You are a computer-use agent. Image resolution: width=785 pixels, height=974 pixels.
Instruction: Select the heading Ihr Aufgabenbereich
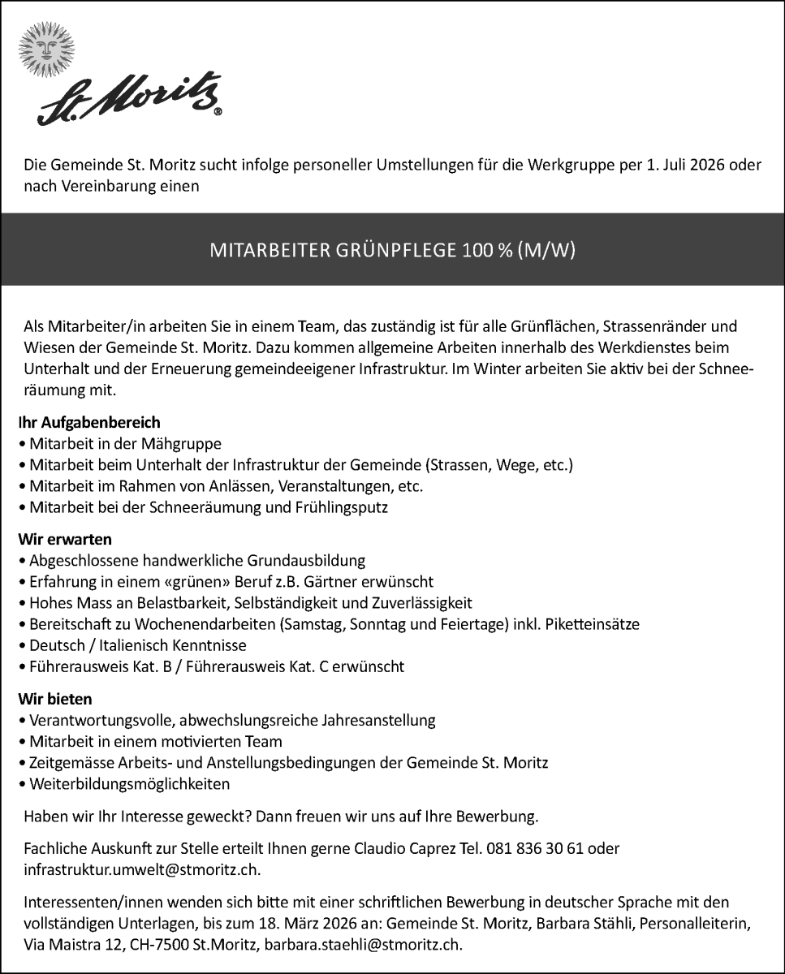pyautogui.click(x=89, y=423)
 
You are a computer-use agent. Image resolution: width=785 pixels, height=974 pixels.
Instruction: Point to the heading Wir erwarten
pyautogui.click(x=64, y=539)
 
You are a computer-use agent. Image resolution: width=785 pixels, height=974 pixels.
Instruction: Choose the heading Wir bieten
pyautogui.click(x=55, y=699)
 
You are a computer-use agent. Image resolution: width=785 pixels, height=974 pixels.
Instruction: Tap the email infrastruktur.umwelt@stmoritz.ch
pyautogui.click(x=143, y=869)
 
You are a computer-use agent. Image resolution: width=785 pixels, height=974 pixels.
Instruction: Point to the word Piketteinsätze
pyautogui.click(x=593, y=624)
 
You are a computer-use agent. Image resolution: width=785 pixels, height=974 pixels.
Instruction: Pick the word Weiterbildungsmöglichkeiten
pyautogui.click(x=130, y=784)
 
